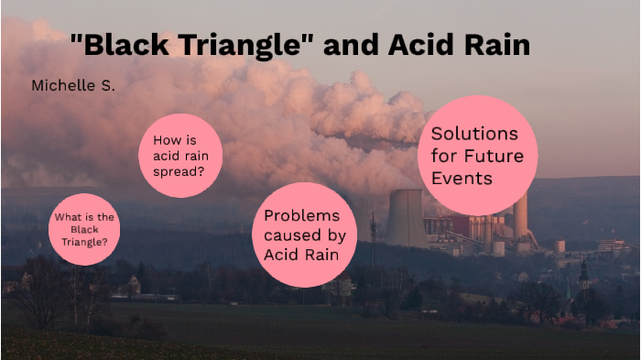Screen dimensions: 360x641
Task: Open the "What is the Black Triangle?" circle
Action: click(x=84, y=230)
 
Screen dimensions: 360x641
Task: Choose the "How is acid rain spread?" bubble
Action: click(x=179, y=155)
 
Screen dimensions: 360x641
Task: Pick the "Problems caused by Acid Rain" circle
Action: click(x=303, y=235)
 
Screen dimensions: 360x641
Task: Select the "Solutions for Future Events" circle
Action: click(x=477, y=155)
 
